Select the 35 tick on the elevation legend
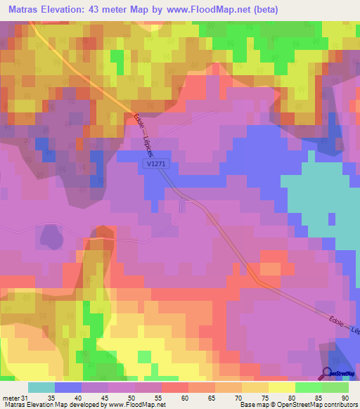click(x=52, y=398)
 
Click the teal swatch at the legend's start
click(x=41, y=387)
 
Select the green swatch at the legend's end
click(x=335, y=387)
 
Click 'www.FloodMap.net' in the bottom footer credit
click(x=141, y=405)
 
